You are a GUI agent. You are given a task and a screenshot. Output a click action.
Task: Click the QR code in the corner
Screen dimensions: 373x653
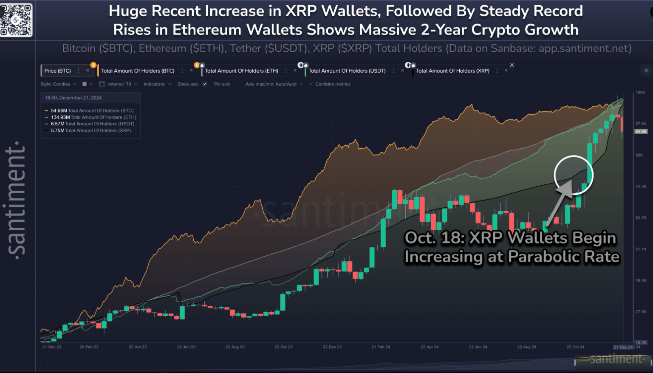click(x=16, y=20)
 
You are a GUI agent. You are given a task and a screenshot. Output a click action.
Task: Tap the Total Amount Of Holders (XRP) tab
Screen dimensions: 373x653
click(x=452, y=71)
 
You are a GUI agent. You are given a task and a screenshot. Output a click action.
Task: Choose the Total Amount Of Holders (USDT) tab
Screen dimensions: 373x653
click(x=347, y=71)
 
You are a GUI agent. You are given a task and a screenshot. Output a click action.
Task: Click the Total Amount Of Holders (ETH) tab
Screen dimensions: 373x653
click(x=241, y=71)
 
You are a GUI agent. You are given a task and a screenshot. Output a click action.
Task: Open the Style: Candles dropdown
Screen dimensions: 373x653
click(x=58, y=84)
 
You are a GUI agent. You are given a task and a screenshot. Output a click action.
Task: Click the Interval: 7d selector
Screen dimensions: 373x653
click(x=122, y=84)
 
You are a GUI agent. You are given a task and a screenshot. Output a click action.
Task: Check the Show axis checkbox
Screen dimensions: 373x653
click(x=205, y=84)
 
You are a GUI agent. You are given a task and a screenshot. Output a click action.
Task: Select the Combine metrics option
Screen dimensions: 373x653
click(x=332, y=84)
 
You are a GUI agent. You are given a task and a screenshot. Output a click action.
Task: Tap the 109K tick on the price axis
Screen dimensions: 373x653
click(x=640, y=93)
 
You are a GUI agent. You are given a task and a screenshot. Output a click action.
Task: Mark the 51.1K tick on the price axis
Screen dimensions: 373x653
click(x=641, y=249)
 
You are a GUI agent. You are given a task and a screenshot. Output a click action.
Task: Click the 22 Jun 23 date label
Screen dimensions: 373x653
click(x=187, y=347)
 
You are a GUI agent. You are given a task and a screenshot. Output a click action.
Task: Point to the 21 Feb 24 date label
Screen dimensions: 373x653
click(x=381, y=347)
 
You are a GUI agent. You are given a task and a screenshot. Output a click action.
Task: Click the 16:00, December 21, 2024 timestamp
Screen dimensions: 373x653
click(x=73, y=98)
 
